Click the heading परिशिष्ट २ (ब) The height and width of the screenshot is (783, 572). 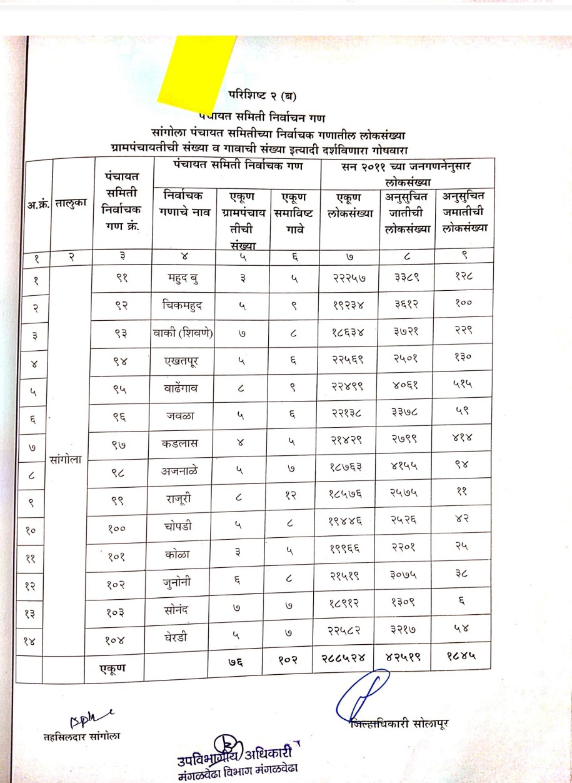tap(262, 96)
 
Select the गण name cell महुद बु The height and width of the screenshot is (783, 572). tap(183, 279)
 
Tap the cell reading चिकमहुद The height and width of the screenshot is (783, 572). tap(183, 306)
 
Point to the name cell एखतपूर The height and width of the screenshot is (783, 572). tap(183, 361)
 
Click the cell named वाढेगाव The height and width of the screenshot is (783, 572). tap(183, 388)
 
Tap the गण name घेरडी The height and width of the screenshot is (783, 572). tap(183, 639)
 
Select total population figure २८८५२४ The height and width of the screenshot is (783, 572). tap(349, 659)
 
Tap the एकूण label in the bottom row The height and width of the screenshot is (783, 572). tap(113, 668)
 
